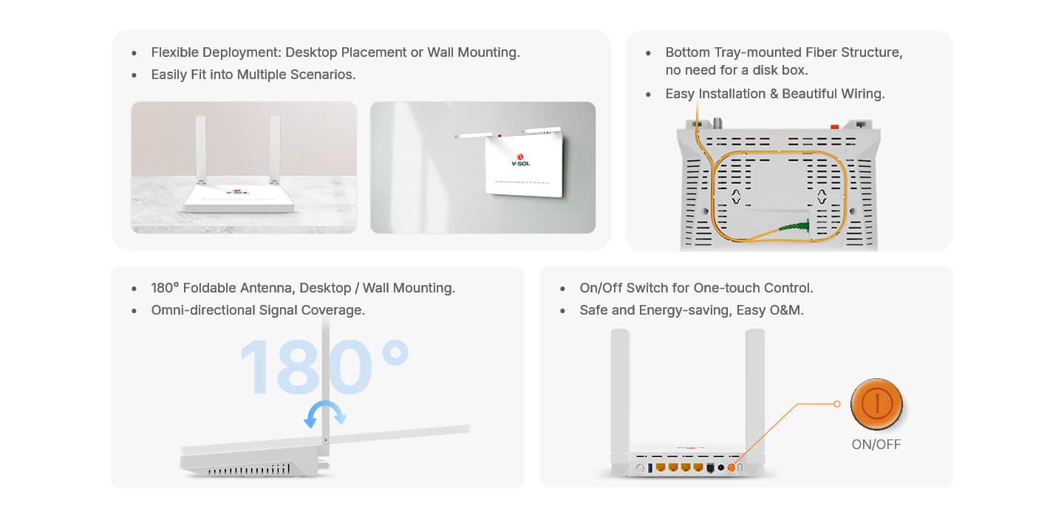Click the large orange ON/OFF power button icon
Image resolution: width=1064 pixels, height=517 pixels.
[876, 404]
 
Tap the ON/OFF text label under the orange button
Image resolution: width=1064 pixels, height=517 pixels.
[876, 445]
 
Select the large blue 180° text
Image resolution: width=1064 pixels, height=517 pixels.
[324, 366]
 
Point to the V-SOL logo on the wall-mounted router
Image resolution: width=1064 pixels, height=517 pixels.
[521, 160]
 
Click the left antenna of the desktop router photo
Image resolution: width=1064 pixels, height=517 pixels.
[201, 150]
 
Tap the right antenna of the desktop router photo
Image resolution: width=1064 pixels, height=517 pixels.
[275, 150]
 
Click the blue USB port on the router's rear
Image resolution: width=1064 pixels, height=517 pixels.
[649, 468]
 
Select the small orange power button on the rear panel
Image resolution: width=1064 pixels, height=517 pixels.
[731, 468]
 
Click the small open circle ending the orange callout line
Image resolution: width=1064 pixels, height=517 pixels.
[837, 404]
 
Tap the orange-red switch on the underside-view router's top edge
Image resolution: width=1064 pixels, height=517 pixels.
[834, 126]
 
